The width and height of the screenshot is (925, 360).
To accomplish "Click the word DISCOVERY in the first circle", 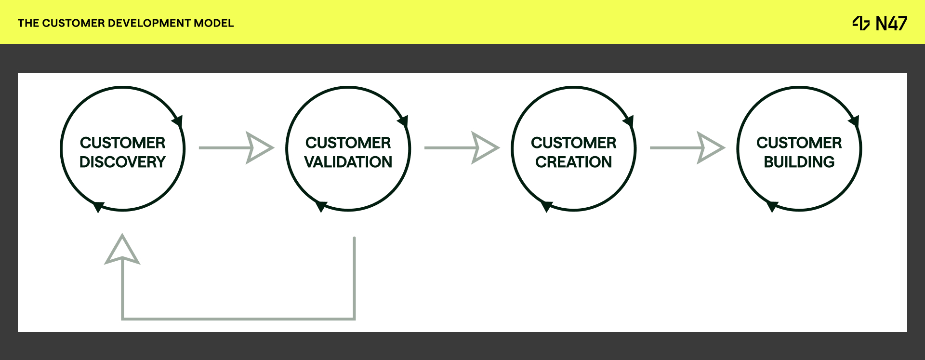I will coord(122,162).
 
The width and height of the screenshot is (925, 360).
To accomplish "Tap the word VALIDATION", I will coord(348,162).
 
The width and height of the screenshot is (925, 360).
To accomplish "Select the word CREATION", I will coord(573,162).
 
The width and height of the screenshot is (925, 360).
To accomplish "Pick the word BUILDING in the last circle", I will coord(799,162).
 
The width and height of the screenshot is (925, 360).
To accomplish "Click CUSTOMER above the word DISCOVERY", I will coord(122,143).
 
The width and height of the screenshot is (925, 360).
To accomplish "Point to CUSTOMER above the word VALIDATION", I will coord(348,143).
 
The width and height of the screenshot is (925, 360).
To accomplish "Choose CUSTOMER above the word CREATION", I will coord(573,143).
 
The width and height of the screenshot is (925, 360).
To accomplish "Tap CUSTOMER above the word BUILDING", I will coord(799,143).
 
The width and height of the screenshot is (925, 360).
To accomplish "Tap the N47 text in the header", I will coord(891,23).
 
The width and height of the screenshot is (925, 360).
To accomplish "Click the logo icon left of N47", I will coord(861,23).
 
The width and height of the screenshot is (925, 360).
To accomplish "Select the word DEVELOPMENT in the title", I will coord(149,23).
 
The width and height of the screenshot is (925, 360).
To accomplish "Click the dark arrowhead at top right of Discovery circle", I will coord(178,120).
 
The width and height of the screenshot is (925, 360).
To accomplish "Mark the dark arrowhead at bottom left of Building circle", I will coord(772,206).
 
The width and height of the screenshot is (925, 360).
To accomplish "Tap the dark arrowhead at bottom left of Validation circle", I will coord(321,206).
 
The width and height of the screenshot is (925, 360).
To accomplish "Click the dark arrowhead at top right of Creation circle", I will coord(629,120).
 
